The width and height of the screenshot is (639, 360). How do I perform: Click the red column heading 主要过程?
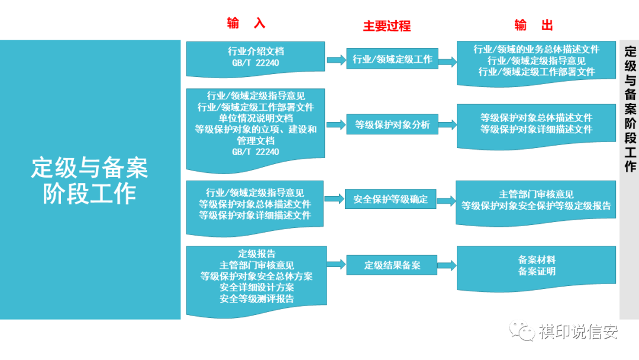pyautogui.click(x=386, y=26)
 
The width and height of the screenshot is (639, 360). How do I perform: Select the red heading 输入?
pyautogui.click(x=246, y=23)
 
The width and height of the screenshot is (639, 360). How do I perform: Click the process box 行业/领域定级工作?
pyautogui.click(x=392, y=59)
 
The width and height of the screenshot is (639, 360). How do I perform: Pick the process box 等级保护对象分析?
pyautogui.click(x=392, y=125)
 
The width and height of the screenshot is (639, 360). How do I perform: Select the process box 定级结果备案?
pyautogui.click(x=392, y=265)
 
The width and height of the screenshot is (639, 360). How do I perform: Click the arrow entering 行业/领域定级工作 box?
pyautogui.click(x=336, y=59)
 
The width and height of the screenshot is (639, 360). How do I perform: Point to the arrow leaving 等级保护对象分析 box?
pyautogui.click(x=447, y=125)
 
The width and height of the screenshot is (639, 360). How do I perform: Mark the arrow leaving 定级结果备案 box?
pyautogui.click(x=447, y=265)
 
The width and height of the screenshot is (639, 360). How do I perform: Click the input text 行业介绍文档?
pyautogui.click(x=256, y=52)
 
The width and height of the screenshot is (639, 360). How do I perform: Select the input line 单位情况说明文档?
pyautogui.click(x=256, y=118)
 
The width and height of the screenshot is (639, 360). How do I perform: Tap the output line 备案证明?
pyautogui.click(x=537, y=271)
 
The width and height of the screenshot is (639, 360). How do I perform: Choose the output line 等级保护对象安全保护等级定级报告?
pyautogui.click(x=536, y=205)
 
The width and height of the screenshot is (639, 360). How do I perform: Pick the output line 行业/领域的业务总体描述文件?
pyautogui.click(x=536, y=49)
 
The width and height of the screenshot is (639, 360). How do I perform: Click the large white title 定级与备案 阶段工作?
pyautogui.click(x=90, y=180)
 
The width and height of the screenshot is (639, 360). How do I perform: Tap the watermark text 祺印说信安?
pyautogui.click(x=578, y=332)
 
